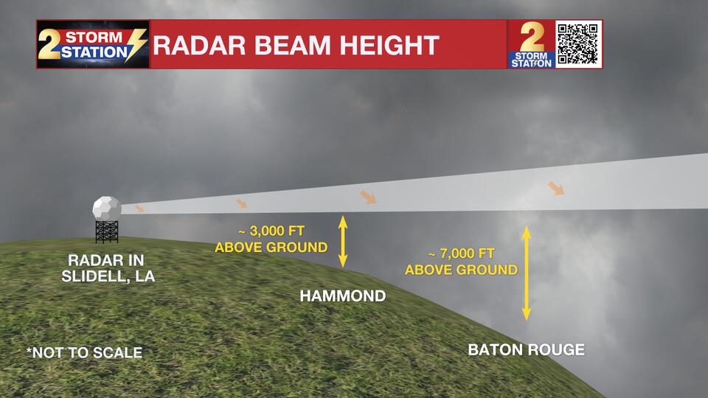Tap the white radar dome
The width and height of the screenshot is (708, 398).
[106, 208]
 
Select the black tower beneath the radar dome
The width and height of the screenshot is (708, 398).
[106, 231]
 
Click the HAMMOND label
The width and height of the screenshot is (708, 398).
[342, 296]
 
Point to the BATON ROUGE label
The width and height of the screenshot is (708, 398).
[526, 349]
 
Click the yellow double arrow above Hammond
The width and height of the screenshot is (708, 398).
[342, 241]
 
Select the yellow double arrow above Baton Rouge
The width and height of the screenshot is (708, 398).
[527, 273]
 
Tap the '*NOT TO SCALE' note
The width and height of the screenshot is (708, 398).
[84, 353]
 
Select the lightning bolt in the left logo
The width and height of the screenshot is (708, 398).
[138, 46]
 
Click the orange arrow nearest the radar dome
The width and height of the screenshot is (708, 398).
[139, 209]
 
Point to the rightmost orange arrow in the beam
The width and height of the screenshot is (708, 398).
[556, 188]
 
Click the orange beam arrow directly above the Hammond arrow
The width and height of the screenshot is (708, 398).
[367, 197]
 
